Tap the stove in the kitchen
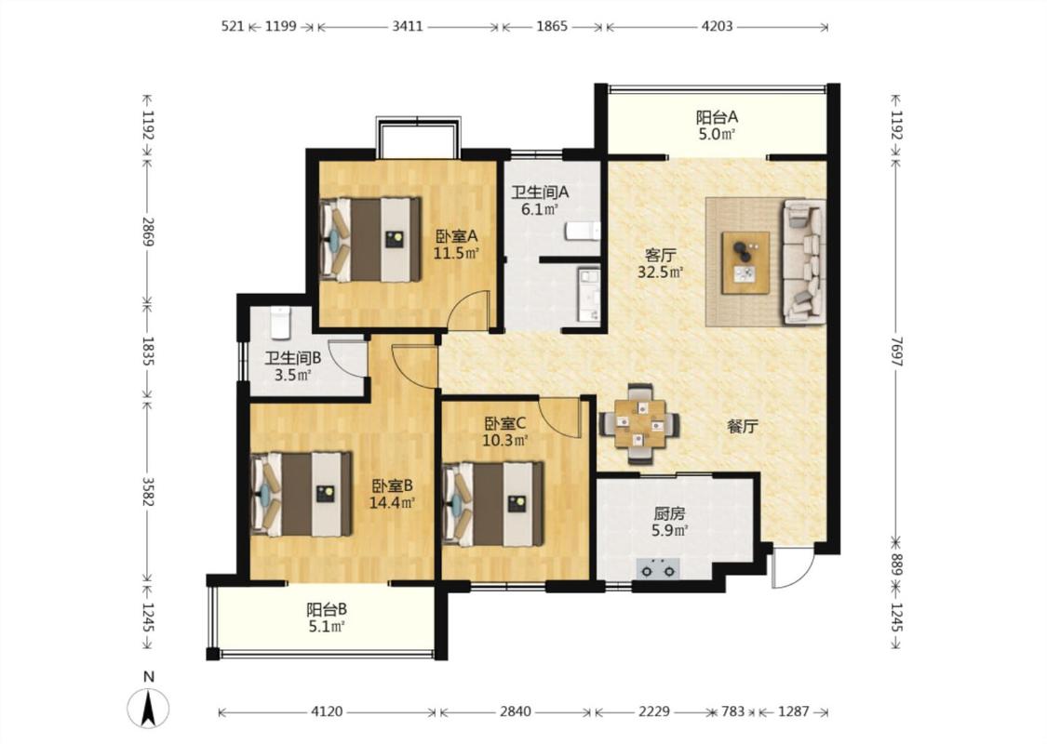click(658, 569)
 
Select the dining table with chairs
click(639, 424)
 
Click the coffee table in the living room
click(745, 262)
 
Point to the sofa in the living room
click(804, 261)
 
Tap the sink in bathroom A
click(588, 295)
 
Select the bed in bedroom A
click(370, 239)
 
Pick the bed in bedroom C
click(492, 504)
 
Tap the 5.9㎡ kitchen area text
click(670, 531)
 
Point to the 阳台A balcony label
click(718, 117)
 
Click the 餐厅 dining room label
click(743, 427)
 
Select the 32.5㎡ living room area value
click(661, 272)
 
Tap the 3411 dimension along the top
click(408, 26)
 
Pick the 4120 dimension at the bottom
click(327, 711)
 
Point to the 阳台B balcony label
click(327, 609)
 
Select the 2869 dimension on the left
click(148, 232)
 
